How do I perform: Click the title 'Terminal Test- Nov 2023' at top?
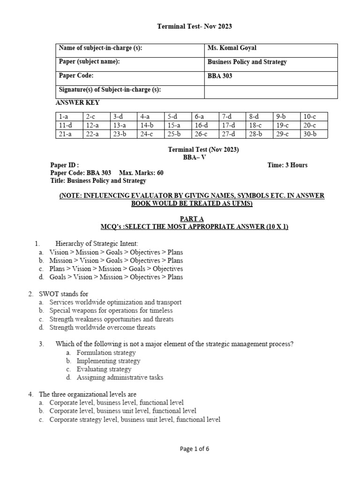(x=194, y=26)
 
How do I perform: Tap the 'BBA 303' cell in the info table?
(x=220, y=76)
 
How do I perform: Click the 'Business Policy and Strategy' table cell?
(x=247, y=62)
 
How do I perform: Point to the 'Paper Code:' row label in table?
(x=76, y=75)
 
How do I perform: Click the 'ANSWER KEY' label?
(x=77, y=103)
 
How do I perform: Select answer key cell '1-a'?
(x=64, y=116)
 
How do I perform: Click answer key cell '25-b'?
(x=174, y=134)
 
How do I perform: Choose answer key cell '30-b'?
(x=310, y=134)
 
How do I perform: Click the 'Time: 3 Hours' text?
(x=286, y=165)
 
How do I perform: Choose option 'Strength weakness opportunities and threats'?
(x=112, y=319)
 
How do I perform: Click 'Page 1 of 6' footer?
(x=195, y=449)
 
